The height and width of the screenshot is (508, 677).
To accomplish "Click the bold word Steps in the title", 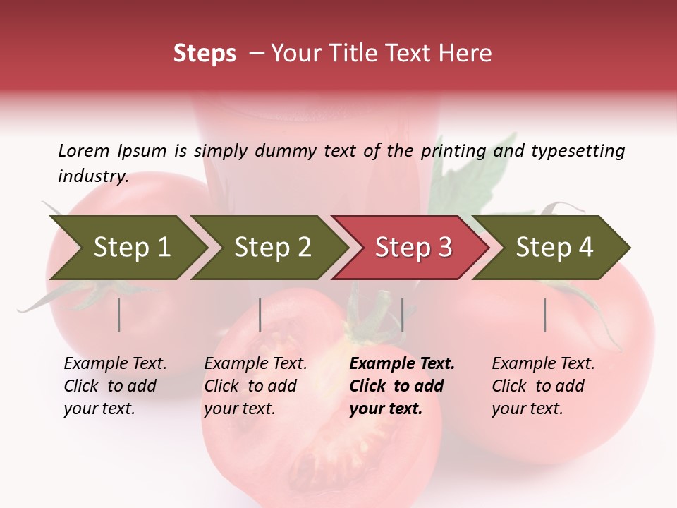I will click(x=205, y=54).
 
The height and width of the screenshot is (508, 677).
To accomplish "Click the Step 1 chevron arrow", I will click(x=127, y=248).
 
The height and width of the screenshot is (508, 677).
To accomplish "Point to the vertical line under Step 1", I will click(x=119, y=315).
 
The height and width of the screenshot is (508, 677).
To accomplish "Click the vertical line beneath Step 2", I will click(x=260, y=315).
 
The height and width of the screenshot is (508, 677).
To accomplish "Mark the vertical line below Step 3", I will click(x=402, y=315).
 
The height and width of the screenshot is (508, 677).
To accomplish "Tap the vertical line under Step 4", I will click(x=545, y=315).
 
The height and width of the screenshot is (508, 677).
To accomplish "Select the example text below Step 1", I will click(x=115, y=386).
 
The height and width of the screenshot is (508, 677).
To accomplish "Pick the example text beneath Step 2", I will click(x=255, y=386).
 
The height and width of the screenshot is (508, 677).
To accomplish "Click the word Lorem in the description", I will click(x=84, y=151).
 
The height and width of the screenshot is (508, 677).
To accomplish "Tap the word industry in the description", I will click(x=92, y=176).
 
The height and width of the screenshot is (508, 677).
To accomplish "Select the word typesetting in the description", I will click(x=578, y=151).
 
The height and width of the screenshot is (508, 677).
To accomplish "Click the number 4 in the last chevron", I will click(x=585, y=248).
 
